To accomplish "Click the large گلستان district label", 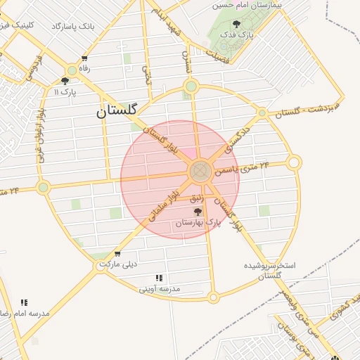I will click(117, 110).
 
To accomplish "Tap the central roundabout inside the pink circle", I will click(200, 170).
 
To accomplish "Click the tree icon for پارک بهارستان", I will click(198, 211).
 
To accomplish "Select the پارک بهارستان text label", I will click(198, 222).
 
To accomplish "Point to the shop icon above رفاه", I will click(85, 59).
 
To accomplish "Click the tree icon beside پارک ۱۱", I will click(65, 81).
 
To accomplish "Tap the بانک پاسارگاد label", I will click(72, 26).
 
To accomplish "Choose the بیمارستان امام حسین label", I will click(251, 5).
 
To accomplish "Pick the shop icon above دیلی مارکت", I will click(117, 254).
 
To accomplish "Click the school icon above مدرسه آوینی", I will click(160, 278).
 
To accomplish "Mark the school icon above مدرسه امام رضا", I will click(25, 302).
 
